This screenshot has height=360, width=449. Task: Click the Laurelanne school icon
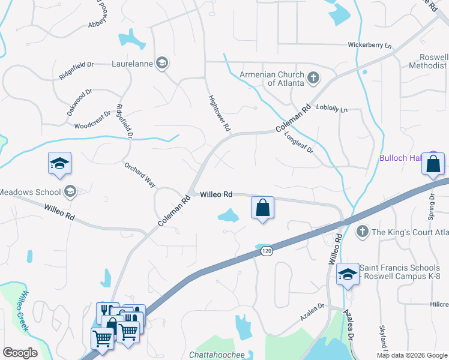(x=161, y=62)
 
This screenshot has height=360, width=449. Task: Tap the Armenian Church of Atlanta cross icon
(x=313, y=78)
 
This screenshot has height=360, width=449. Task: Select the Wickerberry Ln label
(x=370, y=45)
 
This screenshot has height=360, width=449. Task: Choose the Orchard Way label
(x=140, y=174)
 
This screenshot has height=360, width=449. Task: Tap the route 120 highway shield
(x=267, y=252)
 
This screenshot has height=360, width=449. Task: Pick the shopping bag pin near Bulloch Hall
(x=433, y=164)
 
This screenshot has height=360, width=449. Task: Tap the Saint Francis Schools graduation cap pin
(x=347, y=275)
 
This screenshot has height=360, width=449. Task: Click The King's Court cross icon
(x=362, y=231)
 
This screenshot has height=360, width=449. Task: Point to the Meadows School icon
(x=70, y=191)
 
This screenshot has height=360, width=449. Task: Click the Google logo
(x=20, y=353)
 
